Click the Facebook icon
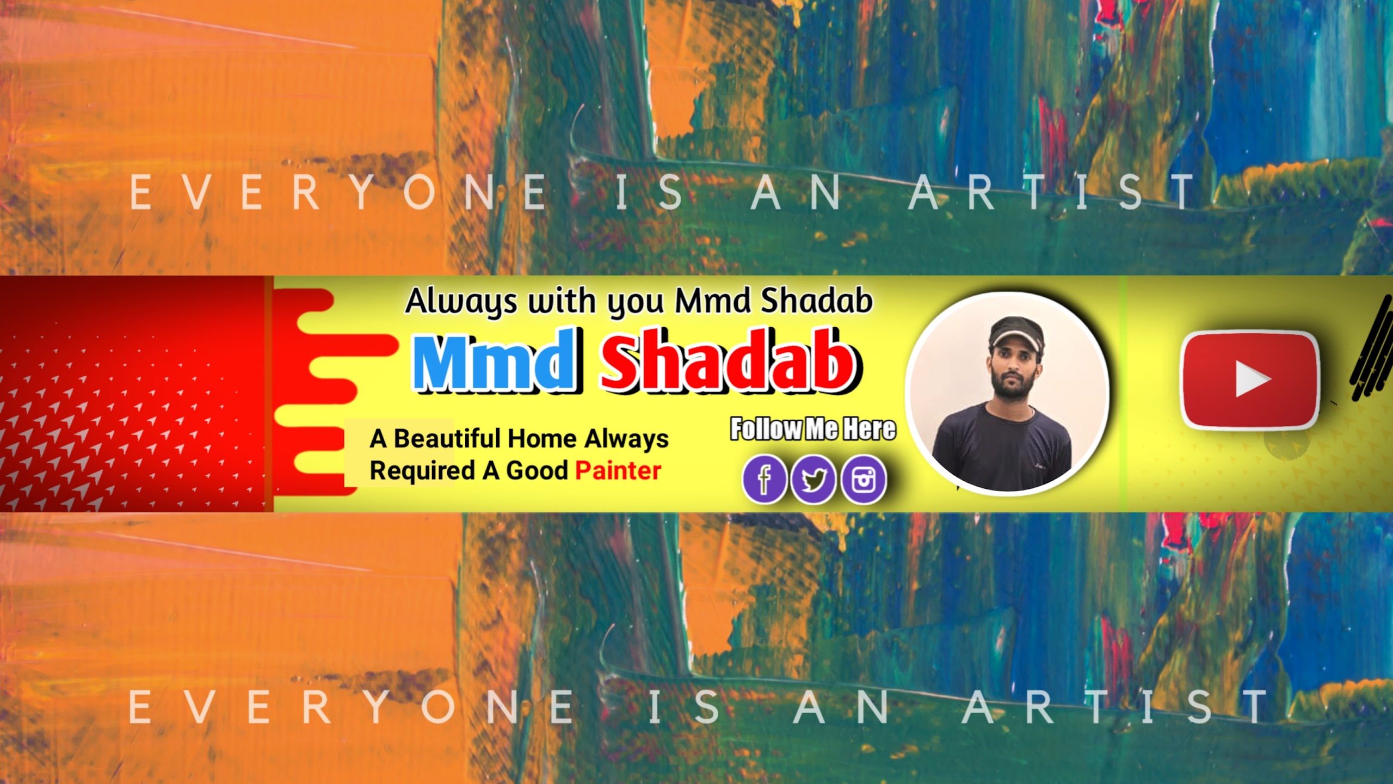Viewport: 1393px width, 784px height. click(x=764, y=479)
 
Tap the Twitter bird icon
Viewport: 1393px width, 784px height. click(x=813, y=479)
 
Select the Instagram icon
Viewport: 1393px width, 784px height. click(x=863, y=479)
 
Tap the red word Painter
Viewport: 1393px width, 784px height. click(x=618, y=471)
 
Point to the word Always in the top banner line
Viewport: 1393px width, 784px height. click(x=461, y=301)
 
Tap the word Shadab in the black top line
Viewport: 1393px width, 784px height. click(x=817, y=300)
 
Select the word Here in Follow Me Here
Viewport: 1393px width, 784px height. click(x=869, y=429)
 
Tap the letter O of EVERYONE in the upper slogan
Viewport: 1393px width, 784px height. click(x=420, y=192)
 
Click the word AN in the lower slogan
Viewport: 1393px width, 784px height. click(x=842, y=707)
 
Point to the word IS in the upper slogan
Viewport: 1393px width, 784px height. click(x=649, y=192)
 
